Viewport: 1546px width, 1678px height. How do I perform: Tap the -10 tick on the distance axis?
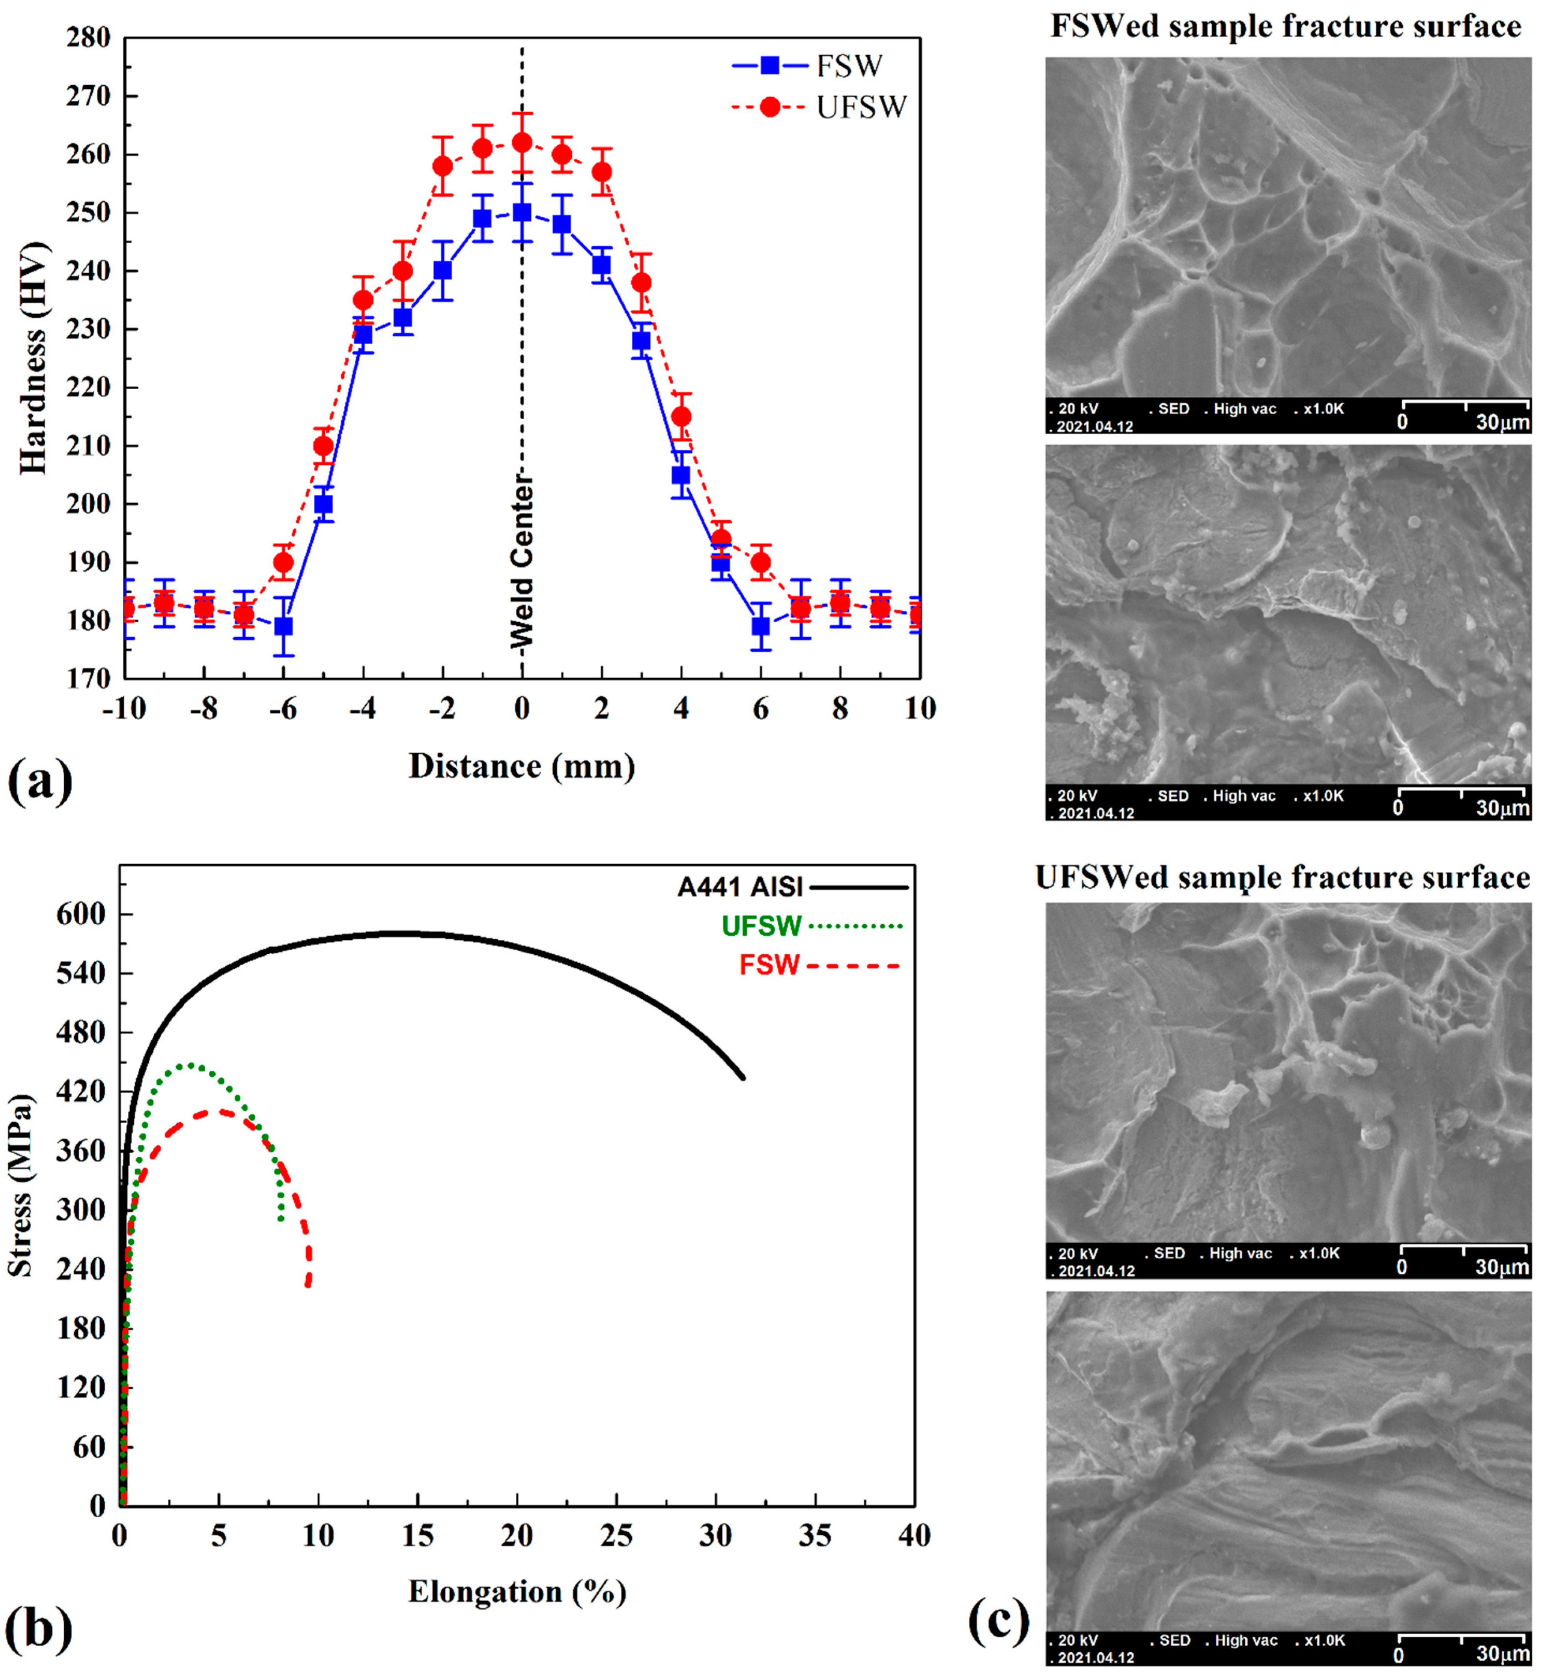(x=124, y=709)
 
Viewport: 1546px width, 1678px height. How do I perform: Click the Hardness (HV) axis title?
(x=34, y=358)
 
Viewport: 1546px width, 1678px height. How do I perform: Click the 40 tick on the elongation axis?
(x=913, y=1536)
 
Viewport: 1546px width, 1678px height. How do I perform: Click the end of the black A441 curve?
(x=743, y=1078)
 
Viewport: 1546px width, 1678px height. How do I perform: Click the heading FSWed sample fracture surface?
(x=1286, y=27)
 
